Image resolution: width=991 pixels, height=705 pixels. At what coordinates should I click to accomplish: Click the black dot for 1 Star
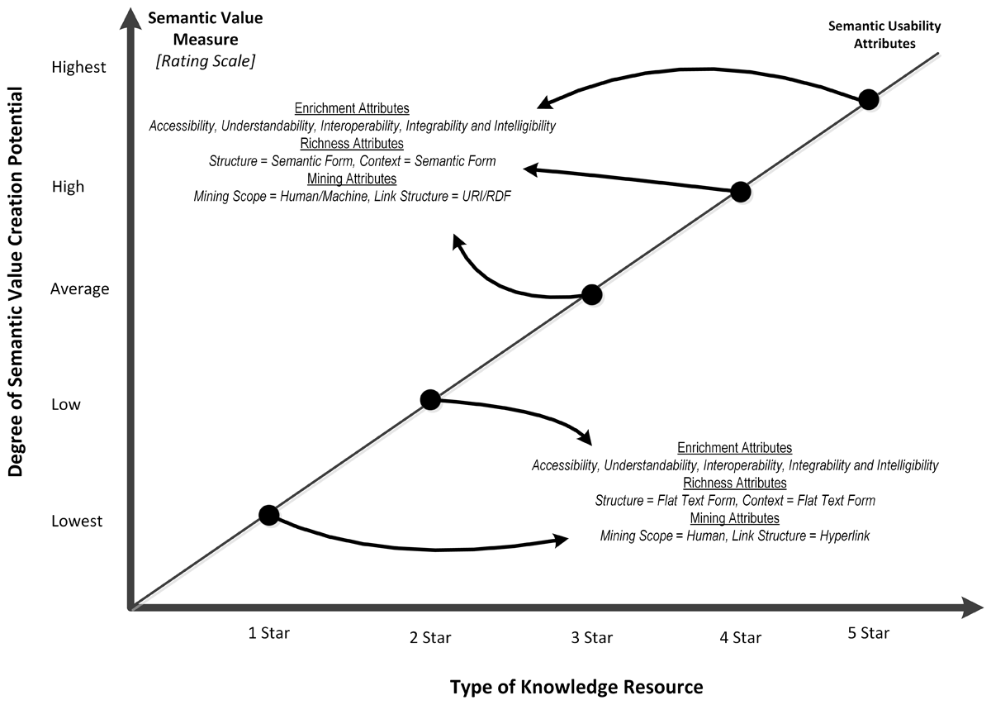click(268, 515)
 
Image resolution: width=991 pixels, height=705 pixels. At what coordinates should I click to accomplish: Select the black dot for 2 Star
click(430, 400)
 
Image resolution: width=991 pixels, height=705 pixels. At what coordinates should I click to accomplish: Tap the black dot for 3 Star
click(591, 294)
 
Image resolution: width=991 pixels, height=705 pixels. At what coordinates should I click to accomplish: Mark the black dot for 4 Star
click(741, 192)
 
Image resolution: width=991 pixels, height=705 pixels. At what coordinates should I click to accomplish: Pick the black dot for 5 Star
click(868, 100)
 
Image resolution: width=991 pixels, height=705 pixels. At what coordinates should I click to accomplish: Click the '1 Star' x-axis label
click(269, 633)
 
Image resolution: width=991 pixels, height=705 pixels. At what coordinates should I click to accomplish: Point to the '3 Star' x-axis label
click(591, 637)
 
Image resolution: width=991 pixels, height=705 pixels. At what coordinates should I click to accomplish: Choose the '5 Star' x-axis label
click(870, 633)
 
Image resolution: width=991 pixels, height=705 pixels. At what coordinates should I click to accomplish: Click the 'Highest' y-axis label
click(78, 68)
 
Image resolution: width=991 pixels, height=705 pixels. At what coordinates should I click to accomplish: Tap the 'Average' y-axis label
click(79, 289)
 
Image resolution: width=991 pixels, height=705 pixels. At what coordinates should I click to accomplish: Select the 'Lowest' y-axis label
click(77, 522)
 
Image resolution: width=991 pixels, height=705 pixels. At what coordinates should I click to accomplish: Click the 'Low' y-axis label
click(66, 404)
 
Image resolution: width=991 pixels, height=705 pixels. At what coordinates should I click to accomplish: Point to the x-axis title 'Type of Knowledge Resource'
click(576, 687)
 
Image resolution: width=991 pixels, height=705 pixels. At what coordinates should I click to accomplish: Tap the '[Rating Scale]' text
click(205, 60)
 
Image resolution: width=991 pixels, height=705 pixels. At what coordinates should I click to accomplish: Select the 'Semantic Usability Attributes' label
click(884, 35)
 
